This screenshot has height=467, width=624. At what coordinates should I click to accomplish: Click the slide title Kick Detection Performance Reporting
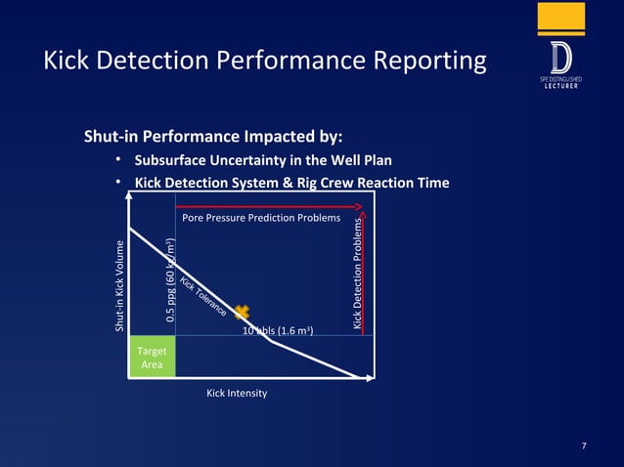(265, 62)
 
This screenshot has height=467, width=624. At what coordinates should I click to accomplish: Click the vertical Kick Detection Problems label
(358, 273)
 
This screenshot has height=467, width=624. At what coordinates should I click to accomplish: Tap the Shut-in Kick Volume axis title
(119, 285)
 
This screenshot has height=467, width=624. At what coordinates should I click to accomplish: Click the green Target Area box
(152, 357)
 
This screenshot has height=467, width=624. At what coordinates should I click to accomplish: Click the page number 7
(584, 446)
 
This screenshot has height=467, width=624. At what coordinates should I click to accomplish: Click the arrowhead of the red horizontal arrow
(359, 207)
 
